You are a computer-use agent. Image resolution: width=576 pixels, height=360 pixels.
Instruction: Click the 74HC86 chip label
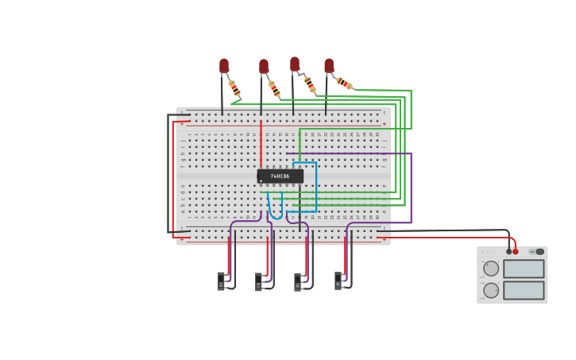[280, 176]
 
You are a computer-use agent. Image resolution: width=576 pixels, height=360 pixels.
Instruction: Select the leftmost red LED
[224, 65]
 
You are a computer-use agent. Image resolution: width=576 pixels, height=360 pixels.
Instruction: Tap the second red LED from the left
[264, 67]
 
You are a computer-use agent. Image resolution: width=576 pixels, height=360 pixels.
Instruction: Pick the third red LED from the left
[295, 64]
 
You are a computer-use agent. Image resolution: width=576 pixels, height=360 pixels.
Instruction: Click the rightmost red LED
[329, 65]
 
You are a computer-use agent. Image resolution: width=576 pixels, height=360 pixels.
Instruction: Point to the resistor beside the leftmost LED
[234, 87]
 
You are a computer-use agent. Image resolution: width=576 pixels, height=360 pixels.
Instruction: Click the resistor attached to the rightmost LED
[345, 83]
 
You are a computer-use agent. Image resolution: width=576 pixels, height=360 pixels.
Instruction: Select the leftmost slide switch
[222, 281]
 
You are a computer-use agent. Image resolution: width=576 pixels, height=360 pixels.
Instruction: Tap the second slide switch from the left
[259, 281]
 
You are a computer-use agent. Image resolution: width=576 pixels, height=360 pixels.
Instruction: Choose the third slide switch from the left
[298, 281]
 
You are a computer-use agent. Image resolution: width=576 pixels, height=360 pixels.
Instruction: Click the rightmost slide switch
[338, 281]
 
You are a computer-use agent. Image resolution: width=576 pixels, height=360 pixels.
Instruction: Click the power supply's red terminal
[516, 252]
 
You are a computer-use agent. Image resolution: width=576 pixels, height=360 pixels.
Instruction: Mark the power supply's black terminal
[508, 252]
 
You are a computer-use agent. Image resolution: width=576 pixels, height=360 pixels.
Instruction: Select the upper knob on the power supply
[491, 269]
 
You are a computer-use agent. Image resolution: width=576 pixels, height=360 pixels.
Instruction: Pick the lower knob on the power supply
[491, 290]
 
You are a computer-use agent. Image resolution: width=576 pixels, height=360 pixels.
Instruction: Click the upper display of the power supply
[524, 269]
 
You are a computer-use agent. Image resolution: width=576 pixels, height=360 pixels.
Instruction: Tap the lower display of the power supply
[524, 290]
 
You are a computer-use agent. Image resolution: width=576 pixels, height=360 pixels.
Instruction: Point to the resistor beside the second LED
[274, 88]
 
